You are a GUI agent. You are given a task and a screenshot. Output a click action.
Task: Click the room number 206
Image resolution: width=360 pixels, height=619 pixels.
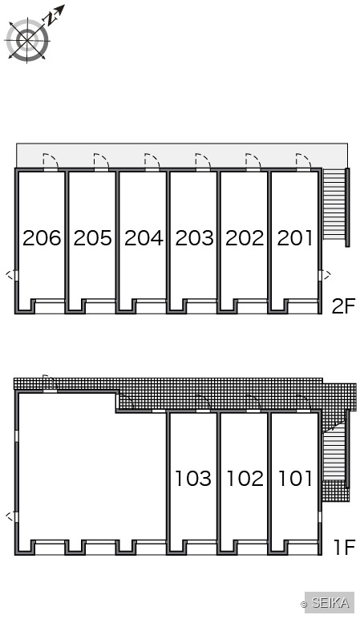(42, 238)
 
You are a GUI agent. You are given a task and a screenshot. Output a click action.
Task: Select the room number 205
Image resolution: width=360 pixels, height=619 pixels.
(92, 238)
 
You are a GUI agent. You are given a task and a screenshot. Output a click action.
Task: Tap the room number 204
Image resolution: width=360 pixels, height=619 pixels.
(144, 238)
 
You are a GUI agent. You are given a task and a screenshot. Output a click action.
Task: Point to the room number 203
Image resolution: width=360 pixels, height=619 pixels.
(194, 238)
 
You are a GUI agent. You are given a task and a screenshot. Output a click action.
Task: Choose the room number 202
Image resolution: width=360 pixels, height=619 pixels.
(245, 238)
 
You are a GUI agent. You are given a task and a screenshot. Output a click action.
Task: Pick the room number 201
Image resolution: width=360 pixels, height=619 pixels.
(295, 238)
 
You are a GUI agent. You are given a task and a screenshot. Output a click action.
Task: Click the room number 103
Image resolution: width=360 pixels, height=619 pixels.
(193, 479)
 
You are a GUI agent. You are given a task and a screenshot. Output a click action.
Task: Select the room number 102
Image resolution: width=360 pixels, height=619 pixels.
(245, 479)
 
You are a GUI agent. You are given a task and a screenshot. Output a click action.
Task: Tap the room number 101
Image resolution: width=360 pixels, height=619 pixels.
(296, 479)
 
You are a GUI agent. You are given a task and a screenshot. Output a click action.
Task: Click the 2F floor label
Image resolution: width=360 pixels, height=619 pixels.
(344, 306)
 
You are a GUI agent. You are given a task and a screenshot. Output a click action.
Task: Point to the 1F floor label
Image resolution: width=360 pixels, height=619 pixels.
(345, 547)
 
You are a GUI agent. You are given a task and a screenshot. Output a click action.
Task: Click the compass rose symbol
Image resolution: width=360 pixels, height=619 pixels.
(27, 39)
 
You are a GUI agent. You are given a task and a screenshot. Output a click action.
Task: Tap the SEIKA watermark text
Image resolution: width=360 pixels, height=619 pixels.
(330, 603)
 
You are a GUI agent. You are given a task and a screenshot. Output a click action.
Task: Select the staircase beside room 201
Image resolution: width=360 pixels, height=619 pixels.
(334, 204)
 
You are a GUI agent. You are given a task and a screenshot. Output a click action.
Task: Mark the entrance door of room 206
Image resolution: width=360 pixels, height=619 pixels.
(51, 162)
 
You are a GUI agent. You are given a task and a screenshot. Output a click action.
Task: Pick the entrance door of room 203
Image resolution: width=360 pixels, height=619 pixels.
(203, 162)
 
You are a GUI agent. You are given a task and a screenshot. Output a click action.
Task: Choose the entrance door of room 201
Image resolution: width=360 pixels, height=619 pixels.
(304, 162)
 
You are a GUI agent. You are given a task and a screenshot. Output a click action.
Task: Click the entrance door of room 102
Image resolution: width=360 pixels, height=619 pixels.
(253, 403)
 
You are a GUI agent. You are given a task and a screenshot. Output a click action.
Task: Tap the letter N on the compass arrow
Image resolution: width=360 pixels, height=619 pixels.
(51, 19)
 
